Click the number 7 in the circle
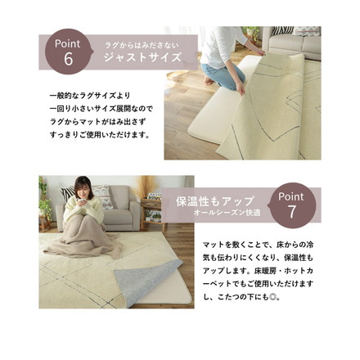coord(290,214)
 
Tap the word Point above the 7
coord(291,196)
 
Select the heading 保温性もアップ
coord(215,201)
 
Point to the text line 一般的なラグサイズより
coord(89,96)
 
